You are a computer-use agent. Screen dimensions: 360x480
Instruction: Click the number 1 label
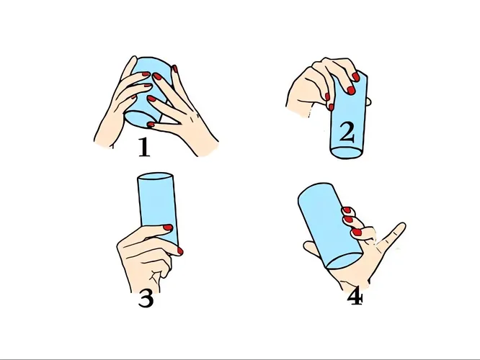click(x=144, y=148)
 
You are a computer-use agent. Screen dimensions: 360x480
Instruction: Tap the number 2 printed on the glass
click(x=347, y=133)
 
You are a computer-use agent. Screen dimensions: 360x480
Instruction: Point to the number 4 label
click(x=355, y=297)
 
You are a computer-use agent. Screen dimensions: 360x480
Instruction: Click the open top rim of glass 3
click(x=154, y=177)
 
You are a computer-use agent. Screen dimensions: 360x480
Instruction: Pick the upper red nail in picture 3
click(x=168, y=228)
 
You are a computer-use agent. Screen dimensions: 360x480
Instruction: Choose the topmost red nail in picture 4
click(x=346, y=210)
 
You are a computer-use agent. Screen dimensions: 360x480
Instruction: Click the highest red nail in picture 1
click(x=174, y=68)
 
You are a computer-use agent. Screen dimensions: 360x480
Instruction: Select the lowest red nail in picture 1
click(x=151, y=124)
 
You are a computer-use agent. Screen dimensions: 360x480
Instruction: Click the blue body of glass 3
click(x=154, y=205)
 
